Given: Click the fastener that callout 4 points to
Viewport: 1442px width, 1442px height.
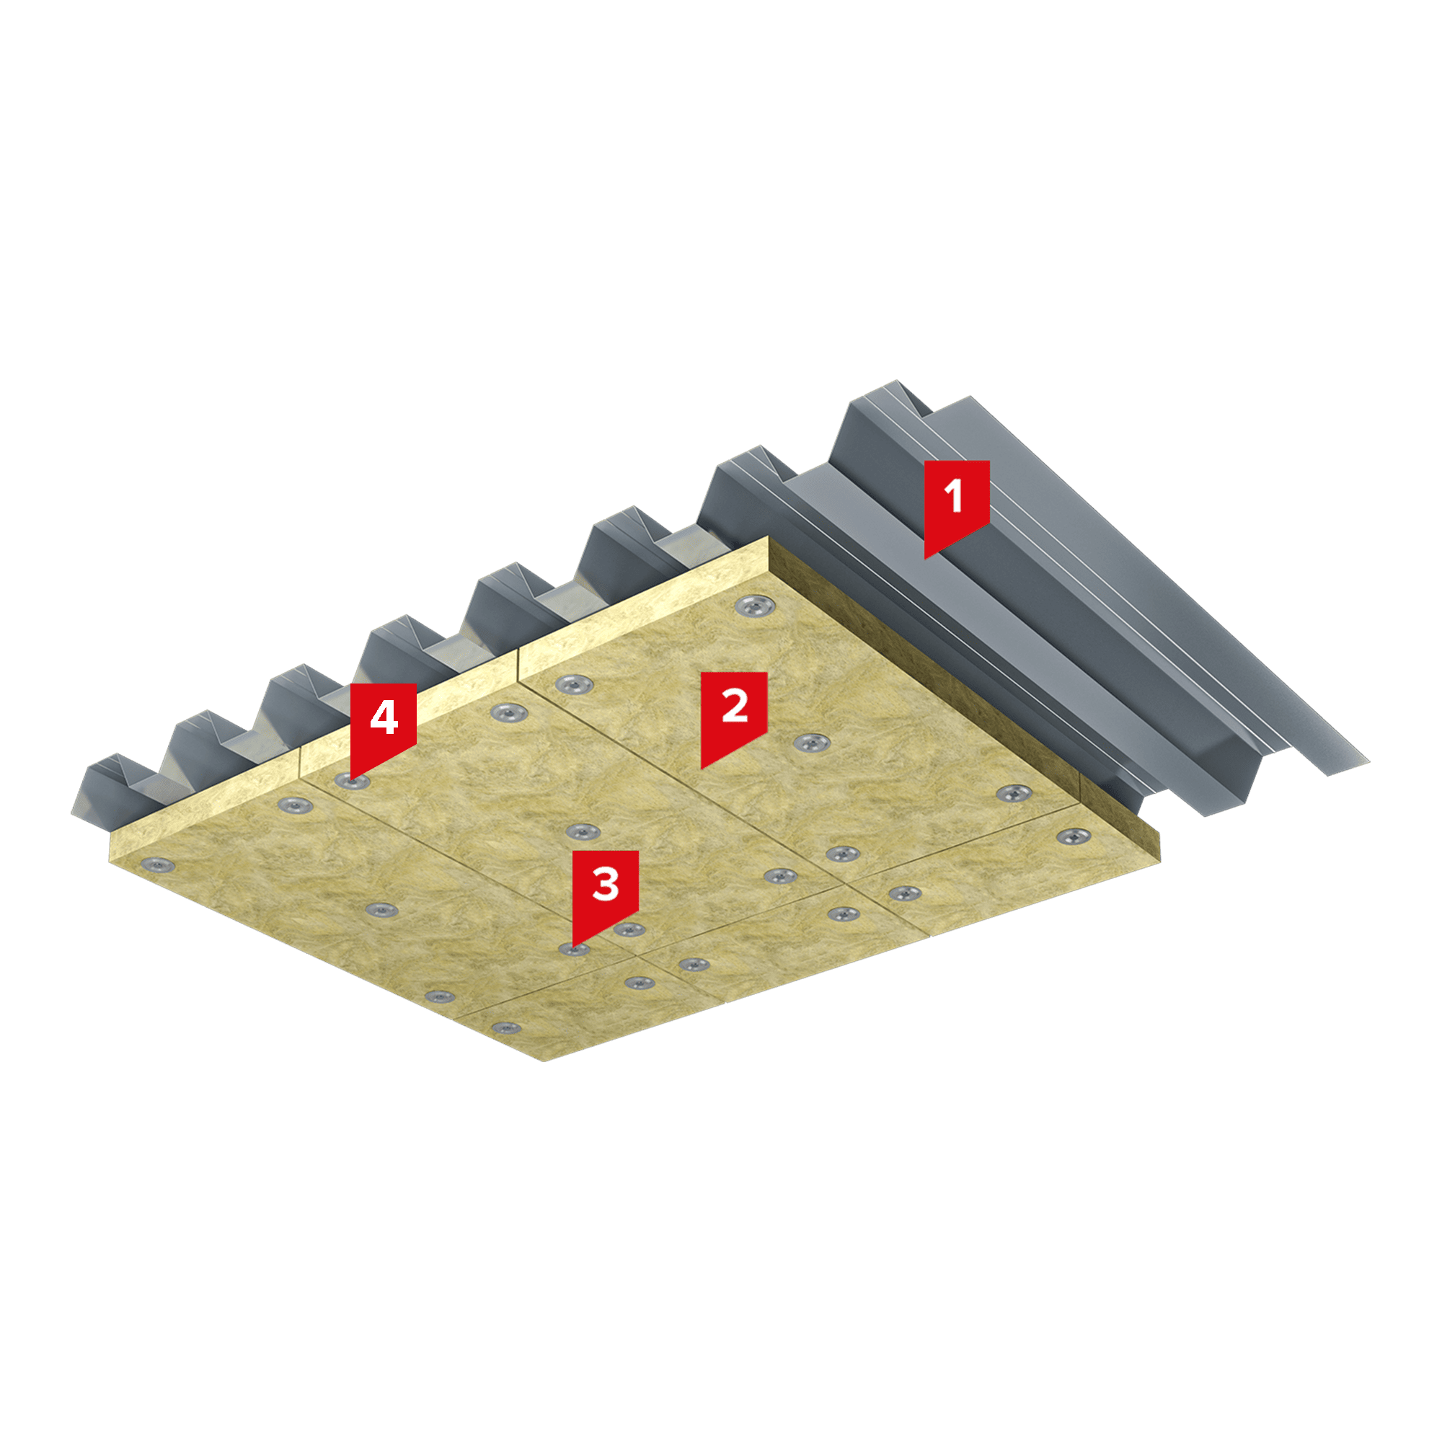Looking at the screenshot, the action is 352,782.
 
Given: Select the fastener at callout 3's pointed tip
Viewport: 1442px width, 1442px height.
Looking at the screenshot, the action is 573,950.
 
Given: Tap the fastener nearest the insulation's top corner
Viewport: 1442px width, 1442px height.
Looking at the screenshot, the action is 755,606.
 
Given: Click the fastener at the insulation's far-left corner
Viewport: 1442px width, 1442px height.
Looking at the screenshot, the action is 157,866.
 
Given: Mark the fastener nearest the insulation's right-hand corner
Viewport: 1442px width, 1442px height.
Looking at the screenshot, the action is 1073,836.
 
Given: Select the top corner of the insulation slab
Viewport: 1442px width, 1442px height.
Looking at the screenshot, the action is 769,536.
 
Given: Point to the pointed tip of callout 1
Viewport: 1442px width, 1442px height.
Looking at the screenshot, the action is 925,559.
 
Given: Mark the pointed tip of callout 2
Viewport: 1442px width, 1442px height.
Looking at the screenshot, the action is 701,769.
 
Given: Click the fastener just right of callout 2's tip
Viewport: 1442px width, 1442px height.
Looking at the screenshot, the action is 811,743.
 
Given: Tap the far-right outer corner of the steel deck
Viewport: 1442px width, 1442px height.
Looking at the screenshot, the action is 1369,762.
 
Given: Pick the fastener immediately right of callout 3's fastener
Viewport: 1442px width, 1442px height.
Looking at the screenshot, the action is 629,929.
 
